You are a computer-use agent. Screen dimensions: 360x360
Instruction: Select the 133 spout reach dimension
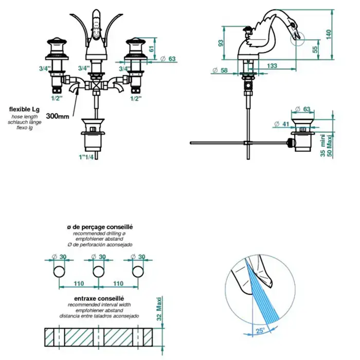click(x=273, y=66)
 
